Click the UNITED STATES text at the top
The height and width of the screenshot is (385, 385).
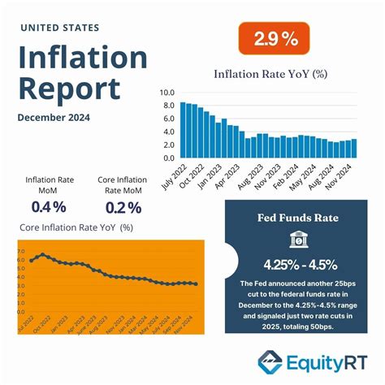pyautogui.click(x=59, y=28)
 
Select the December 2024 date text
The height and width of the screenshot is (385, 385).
pyautogui.click(x=54, y=117)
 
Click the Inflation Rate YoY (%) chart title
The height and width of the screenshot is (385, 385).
pyautogui.click(x=270, y=74)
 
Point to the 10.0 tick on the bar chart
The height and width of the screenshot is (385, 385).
pyautogui.click(x=168, y=93)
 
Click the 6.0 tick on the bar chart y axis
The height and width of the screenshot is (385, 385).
pyautogui.click(x=168, y=119)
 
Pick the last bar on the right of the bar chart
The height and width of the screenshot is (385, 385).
pyautogui.click(x=353, y=148)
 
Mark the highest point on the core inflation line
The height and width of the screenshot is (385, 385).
pyautogui.click(x=43, y=255)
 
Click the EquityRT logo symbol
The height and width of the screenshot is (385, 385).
pyautogui.click(x=270, y=361)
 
